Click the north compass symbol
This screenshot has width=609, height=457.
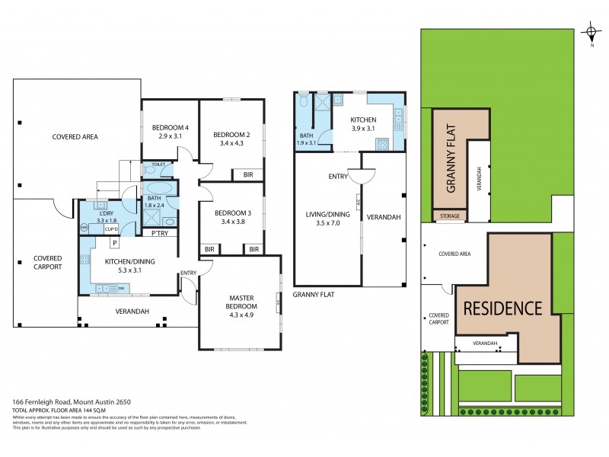click(x=591, y=33)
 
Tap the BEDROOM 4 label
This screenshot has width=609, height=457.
click(x=170, y=127)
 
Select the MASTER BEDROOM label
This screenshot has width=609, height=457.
click(x=241, y=302)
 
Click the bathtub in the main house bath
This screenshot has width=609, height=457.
click(x=158, y=187)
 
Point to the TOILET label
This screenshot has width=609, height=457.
click(x=158, y=165)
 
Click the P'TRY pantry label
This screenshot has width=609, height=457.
click(x=160, y=233)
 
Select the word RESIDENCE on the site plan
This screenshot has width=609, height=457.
click(x=502, y=308)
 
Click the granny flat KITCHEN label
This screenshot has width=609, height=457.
click(x=363, y=120)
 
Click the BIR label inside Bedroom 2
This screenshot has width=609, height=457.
click(x=248, y=174)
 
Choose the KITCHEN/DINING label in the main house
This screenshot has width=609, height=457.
click(x=126, y=261)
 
